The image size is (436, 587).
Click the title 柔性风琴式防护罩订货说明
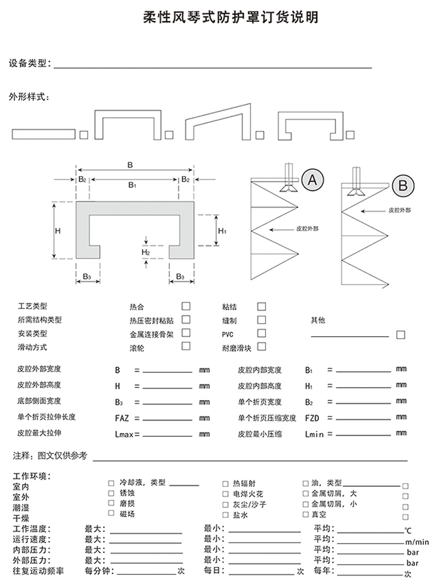(x=230, y=18)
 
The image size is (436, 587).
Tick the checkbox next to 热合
(x=186, y=306)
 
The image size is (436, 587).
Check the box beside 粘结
(x=262, y=307)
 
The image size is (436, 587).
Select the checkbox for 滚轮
(x=186, y=346)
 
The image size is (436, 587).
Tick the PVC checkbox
(x=262, y=334)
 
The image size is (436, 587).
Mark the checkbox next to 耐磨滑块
(x=262, y=346)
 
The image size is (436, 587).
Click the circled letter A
(x=312, y=180)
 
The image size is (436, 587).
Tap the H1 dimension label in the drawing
(x=222, y=231)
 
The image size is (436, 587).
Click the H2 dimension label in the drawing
(x=146, y=252)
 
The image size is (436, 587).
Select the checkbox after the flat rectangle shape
(x=84, y=135)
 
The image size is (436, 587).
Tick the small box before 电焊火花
(x=225, y=494)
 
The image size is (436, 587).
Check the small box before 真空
(x=305, y=514)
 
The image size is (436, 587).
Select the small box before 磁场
(x=111, y=513)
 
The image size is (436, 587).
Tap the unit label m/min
(x=417, y=542)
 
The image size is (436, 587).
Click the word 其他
(x=318, y=321)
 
